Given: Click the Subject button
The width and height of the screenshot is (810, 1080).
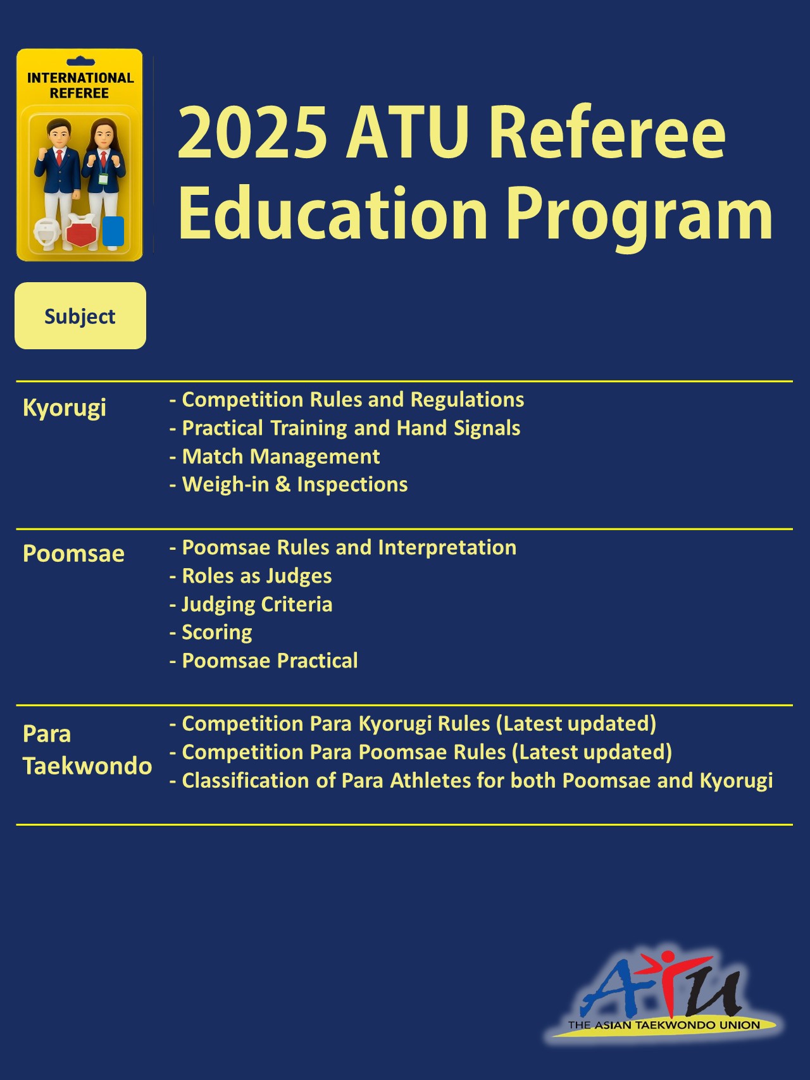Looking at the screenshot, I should (80, 316).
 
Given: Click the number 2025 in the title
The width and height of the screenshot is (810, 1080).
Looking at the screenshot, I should (252, 133).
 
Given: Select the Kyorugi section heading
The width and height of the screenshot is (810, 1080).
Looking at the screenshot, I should (65, 408).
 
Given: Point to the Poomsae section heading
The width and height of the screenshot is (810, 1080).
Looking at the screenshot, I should (73, 554).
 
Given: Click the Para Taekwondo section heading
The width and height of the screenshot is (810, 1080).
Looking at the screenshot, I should (87, 750).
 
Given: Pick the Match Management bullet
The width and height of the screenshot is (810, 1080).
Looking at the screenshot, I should (280, 456).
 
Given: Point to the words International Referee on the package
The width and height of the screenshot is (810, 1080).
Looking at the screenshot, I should (80, 85).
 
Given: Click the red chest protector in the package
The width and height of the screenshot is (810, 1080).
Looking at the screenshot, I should (80, 230).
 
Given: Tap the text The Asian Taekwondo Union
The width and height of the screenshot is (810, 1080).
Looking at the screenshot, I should (664, 1025).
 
